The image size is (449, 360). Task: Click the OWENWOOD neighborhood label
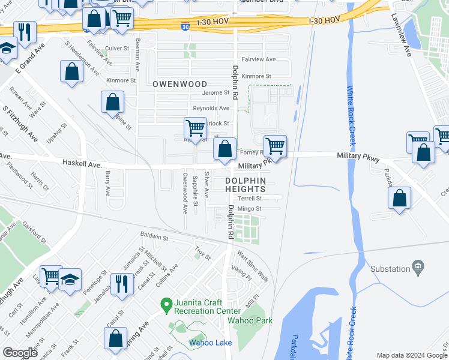[179, 85]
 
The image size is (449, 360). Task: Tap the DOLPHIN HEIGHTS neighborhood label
[253, 185]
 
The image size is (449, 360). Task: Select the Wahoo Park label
[250, 320]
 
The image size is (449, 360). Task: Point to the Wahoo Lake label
[210, 343]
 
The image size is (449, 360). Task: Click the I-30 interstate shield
[186, 26]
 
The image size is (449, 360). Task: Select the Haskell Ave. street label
[81, 163]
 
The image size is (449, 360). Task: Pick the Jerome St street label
[216, 93]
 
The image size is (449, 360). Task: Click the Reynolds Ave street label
[211, 108]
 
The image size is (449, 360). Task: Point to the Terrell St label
[250, 198]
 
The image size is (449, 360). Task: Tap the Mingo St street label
[250, 209]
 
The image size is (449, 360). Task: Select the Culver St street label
[116, 48]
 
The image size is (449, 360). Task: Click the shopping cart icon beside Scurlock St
[195, 127]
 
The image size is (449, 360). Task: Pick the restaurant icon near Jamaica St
[122, 283]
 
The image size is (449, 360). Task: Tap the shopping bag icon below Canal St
[115, 337]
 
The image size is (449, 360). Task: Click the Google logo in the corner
[20, 353]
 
